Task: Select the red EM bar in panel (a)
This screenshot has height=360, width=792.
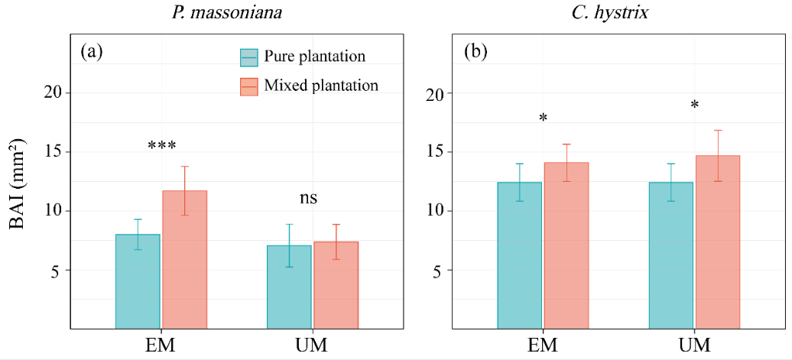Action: point(184,260)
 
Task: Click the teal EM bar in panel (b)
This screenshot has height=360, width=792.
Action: point(519,255)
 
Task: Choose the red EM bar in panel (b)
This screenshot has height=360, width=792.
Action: point(566,245)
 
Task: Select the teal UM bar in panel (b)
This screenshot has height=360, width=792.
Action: point(670,255)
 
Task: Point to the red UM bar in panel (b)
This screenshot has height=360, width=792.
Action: point(717,242)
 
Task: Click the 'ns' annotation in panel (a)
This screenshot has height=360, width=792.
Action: point(307,199)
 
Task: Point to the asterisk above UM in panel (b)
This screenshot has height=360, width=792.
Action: point(694,105)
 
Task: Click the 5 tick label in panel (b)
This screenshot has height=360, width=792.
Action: point(437,270)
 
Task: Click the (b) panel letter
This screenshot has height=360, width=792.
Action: point(475,54)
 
